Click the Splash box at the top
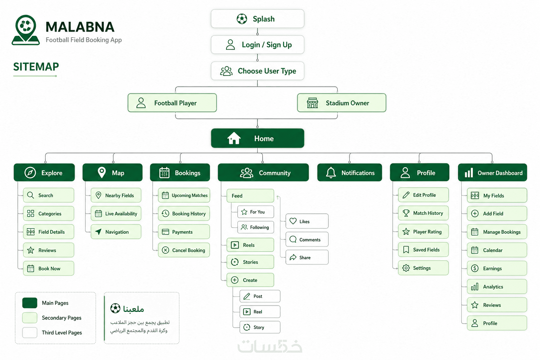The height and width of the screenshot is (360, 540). click(x=257, y=19)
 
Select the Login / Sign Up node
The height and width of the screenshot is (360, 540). click(x=257, y=45)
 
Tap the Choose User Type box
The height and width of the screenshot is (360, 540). click(x=257, y=71)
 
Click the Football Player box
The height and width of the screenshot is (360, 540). click(x=172, y=103)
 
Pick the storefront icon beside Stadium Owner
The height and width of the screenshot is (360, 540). click(x=313, y=103)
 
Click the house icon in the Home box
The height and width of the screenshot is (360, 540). click(x=234, y=138)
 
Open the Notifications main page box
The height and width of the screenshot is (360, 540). click(x=349, y=173)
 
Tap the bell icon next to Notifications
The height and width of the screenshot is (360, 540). click(x=331, y=173)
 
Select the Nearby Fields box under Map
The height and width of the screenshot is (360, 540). click(x=116, y=195)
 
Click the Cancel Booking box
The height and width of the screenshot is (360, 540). click(x=184, y=250)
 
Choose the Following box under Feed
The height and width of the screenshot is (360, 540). click(x=256, y=227)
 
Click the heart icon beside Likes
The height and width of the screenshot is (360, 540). click(x=293, y=221)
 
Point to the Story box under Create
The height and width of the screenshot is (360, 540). click(x=260, y=327)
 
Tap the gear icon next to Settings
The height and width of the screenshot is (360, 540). click(x=406, y=268)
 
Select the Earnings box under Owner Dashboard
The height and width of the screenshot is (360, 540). click(x=497, y=268)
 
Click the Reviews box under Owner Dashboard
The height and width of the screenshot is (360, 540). click(x=497, y=305)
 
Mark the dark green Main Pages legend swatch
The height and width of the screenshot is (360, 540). click(x=30, y=303)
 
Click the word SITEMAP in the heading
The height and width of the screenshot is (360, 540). click(x=36, y=67)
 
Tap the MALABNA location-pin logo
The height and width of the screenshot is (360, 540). click(x=26, y=30)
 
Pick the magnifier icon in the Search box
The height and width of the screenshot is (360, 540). click(x=31, y=195)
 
